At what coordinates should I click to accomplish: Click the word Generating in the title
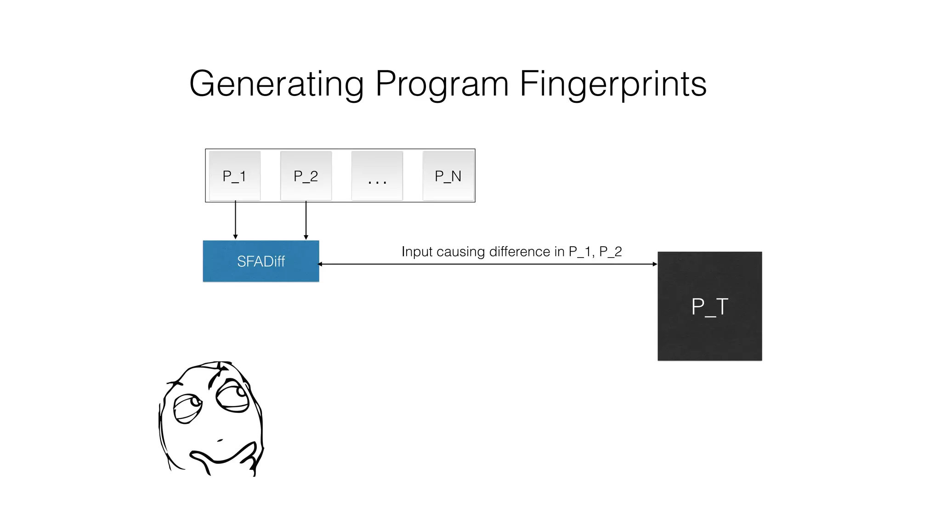276,84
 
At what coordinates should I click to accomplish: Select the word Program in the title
442,84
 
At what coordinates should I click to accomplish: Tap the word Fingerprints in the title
613,84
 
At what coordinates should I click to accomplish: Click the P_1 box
234,176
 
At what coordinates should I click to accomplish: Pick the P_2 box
306,176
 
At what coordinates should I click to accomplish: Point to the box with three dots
377,176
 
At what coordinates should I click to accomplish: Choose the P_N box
448,176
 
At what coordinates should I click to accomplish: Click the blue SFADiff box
261,261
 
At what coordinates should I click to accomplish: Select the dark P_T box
709,306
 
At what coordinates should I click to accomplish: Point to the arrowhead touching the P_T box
655,264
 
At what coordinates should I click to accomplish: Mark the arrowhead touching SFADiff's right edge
321,264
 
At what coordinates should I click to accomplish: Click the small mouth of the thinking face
220,440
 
